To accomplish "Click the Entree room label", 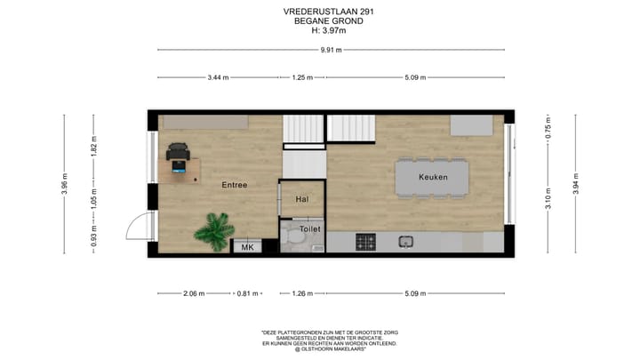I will (x=234, y=184).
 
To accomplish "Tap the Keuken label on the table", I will (x=433, y=177).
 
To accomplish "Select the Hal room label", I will (x=301, y=199).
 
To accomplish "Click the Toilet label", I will (x=309, y=228).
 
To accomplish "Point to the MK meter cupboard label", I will (x=247, y=247).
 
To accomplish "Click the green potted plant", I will (x=213, y=231).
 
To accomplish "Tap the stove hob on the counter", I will (x=365, y=241).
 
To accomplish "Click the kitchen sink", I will (x=406, y=241).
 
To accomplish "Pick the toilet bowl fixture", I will (x=292, y=240).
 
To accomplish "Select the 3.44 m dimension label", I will (x=218, y=77).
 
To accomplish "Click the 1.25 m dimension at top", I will (x=302, y=77).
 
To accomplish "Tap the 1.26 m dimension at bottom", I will (x=304, y=292).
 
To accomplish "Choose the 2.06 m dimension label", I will (x=195, y=292).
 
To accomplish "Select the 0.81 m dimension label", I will (x=247, y=292).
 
